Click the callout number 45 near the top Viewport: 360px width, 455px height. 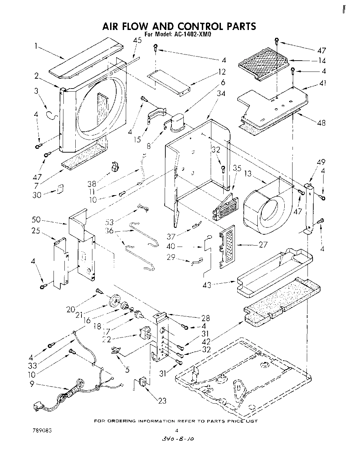tap(137, 40)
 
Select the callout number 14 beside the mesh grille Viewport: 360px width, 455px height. tap(321, 61)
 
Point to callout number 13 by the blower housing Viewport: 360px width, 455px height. tap(248, 174)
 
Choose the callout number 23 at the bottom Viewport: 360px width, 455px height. tap(162, 401)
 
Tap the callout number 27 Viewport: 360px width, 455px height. tap(263, 245)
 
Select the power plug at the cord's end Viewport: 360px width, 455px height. tap(37, 406)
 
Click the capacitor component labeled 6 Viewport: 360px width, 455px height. tap(177, 122)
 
